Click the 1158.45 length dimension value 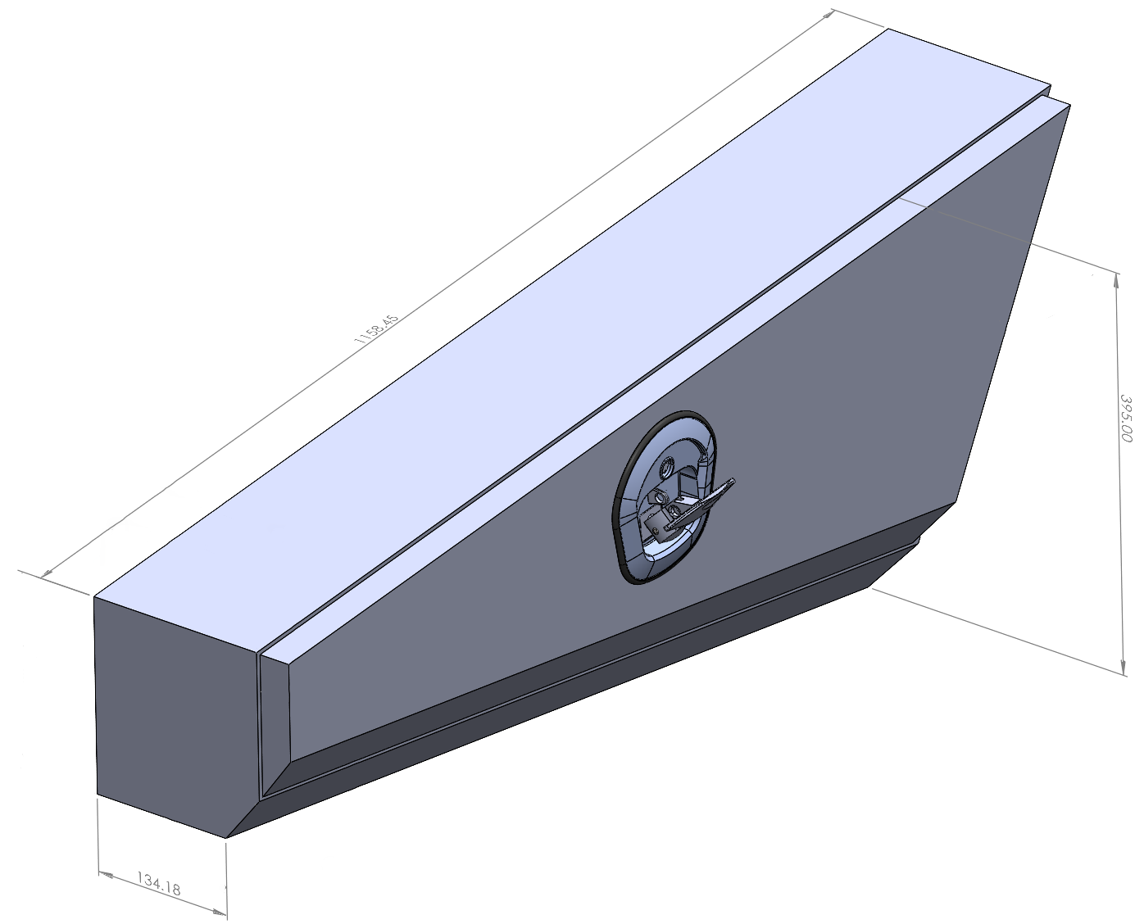[x=376, y=328]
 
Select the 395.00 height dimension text [x=1126, y=419]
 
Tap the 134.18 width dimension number [x=159, y=883]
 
